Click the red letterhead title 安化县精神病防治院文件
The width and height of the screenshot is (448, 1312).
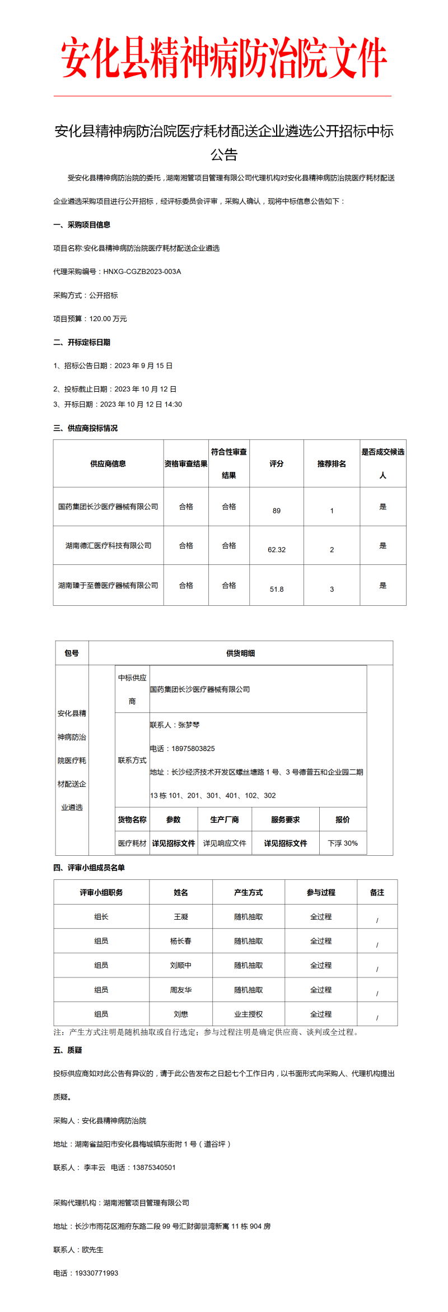(x=224, y=58)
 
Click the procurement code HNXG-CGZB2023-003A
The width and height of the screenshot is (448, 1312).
(x=142, y=272)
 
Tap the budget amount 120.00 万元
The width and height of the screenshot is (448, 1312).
(x=108, y=319)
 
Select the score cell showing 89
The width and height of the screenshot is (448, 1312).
(x=277, y=511)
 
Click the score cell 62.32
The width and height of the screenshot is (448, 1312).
(x=277, y=550)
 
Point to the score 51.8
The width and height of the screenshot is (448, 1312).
(x=277, y=589)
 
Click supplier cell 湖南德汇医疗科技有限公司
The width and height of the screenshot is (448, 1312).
(x=108, y=545)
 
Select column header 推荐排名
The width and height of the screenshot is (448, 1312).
(x=332, y=463)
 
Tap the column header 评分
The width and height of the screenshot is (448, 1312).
(x=277, y=463)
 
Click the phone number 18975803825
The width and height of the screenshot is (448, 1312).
(x=193, y=749)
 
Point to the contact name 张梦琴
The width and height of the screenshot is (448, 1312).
(x=189, y=725)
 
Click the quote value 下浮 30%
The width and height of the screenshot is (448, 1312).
(x=343, y=843)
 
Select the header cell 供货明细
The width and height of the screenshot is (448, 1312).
(x=241, y=653)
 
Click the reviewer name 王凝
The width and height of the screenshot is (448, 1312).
(x=181, y=917)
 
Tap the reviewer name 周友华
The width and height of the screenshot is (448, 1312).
(x=181, y=990)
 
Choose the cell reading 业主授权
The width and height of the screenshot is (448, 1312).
(x=249, y=1014)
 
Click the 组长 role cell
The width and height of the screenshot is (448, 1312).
(x=101, y=917)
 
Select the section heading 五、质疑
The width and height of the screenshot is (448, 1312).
(x=68, y=1050)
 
